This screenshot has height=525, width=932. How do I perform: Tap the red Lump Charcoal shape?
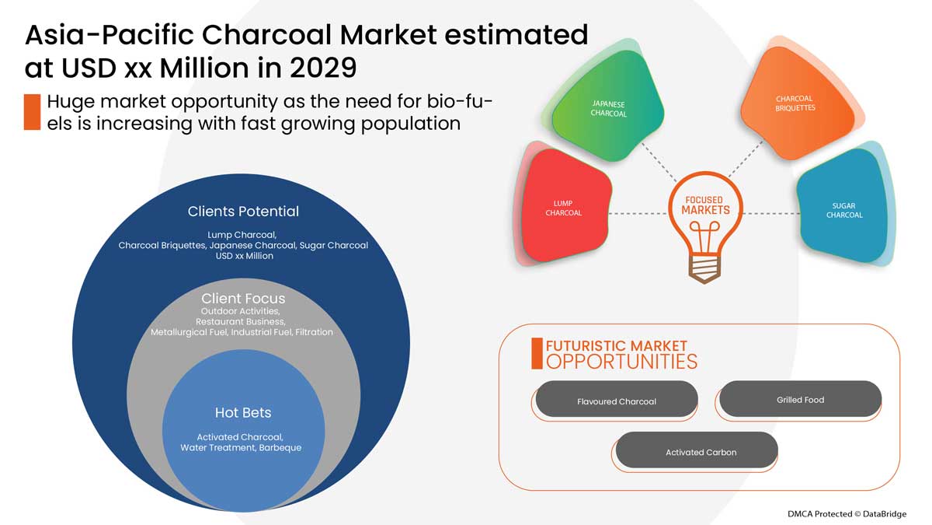[x=563, y=207]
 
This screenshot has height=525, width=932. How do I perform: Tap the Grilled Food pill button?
[x=800, y=399]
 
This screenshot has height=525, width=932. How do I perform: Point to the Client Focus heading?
[x=243, y=299]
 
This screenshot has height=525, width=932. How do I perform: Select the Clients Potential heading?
[x=243, y=211]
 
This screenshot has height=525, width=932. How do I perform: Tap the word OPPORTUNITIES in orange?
[x=621, y=362]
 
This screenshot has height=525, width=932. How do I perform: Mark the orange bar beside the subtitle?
[x=32, y=112]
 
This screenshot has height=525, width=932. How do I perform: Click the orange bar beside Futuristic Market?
[x=537, y=354]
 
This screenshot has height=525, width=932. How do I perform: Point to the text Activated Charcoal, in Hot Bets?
[x=240, y=437]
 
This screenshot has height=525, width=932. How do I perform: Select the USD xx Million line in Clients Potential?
[x=243, y=256]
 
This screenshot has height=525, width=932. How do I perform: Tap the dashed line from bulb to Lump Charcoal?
[x=637, y=212]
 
